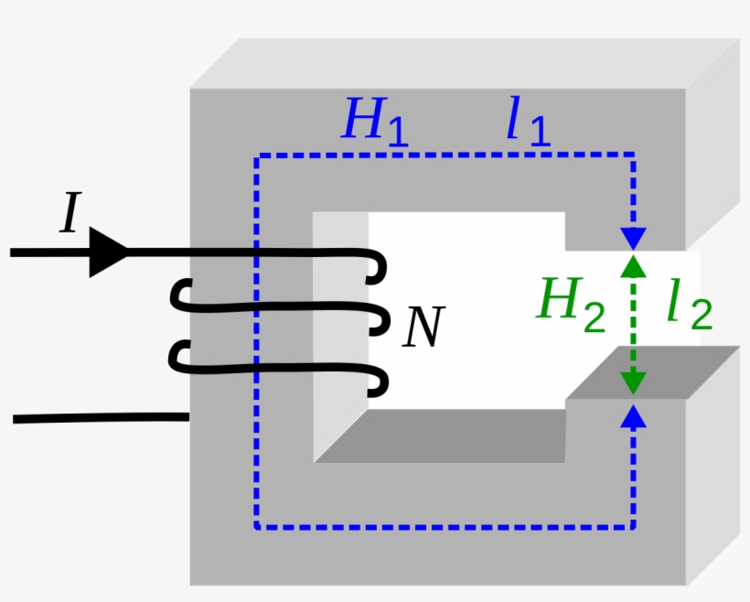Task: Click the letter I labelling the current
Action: [x=70, y=216]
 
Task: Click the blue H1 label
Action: [x=373, y=121]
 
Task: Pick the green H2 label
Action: [x=570, y=302]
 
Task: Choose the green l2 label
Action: [x=688, y=306]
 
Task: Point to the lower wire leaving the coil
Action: [x=101, y=418]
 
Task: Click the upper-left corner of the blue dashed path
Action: [x=257, y=156]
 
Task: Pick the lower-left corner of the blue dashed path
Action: [x=257, y=528]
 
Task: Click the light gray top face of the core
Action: [x=457, y=64]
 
